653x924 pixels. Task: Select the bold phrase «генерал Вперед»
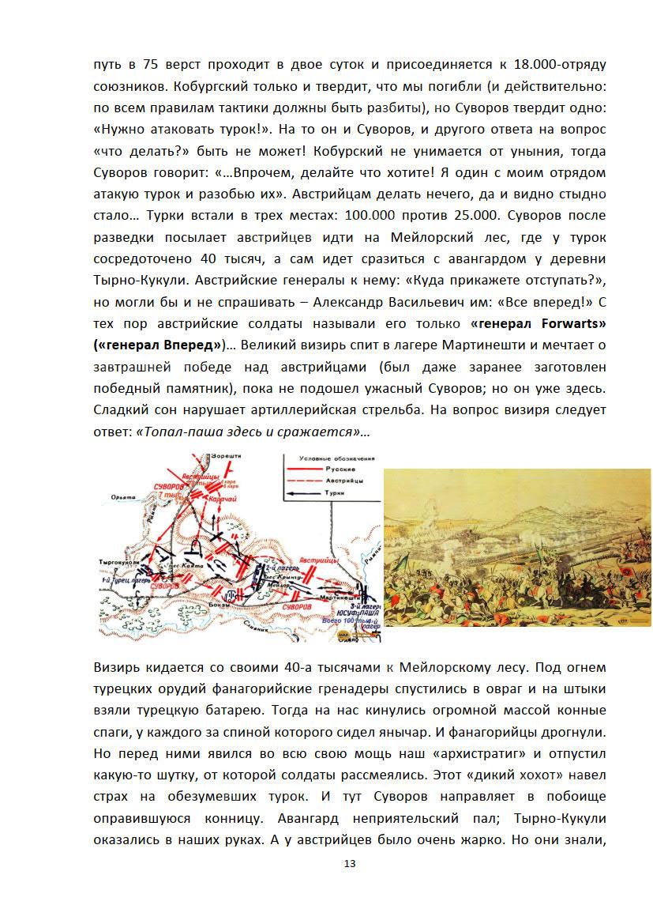(159, 345)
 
